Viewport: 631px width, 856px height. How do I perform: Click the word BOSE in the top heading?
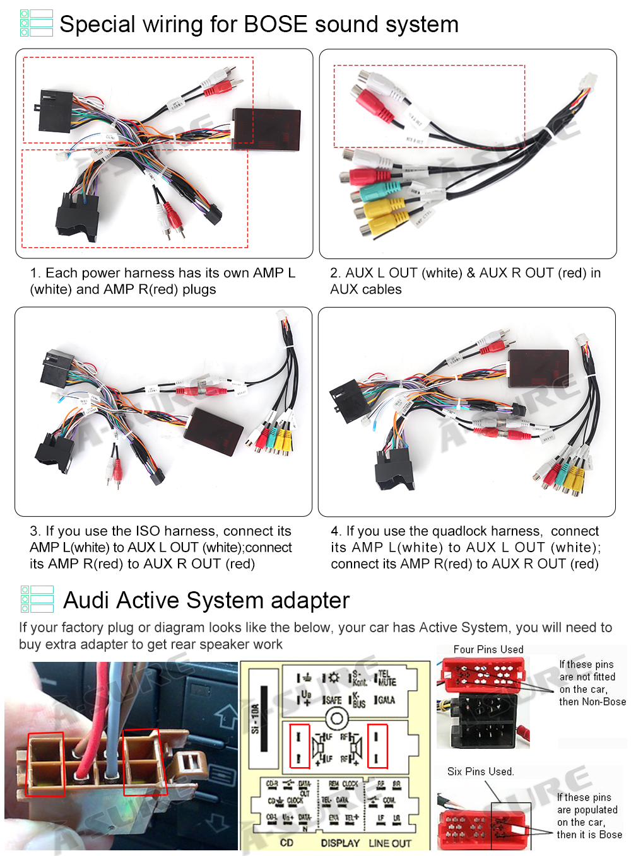[x=275, y=25]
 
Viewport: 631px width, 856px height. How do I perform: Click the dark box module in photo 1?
[x=266, y=129]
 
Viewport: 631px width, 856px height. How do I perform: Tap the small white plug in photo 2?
[x=589, y=83]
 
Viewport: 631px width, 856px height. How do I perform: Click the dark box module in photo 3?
[x=213, y=432]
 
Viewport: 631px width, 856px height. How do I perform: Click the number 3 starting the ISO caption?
[x=34, y=531]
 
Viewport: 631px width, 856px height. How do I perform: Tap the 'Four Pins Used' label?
[x=488, y=649]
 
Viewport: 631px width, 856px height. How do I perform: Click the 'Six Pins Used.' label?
[x=480, y=772]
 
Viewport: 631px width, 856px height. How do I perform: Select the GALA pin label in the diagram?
[x=386, y=700]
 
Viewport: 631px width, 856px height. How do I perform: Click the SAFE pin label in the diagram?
[x=333, y=700]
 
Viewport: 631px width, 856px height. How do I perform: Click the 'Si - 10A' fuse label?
[x=256, y=719]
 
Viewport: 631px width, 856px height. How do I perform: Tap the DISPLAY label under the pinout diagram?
[x=340, y=843]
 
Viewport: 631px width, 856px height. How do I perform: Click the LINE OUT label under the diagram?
[x=389, y=843]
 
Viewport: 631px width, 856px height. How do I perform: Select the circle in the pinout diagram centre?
[x=337, y=718]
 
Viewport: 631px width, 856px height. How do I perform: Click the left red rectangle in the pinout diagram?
[x=299, y=746]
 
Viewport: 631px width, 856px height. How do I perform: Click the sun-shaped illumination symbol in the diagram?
[x=333, y=678]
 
